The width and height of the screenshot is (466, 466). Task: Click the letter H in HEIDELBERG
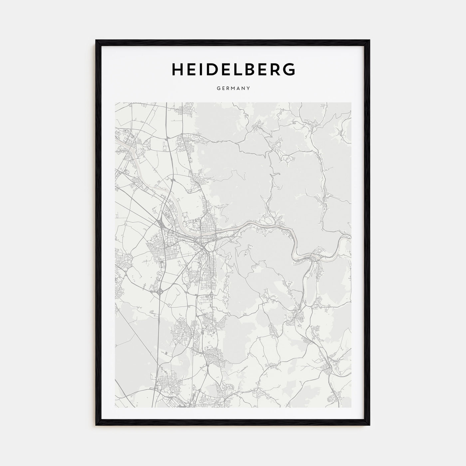click(x=177, y=69)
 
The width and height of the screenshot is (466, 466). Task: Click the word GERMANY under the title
click(x=233, y=89)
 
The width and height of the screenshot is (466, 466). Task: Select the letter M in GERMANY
click(x=234, y=89)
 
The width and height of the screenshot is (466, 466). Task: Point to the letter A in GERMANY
click(x=239, y=89)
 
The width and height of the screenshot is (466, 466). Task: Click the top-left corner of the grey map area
click(x=116, y=103)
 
